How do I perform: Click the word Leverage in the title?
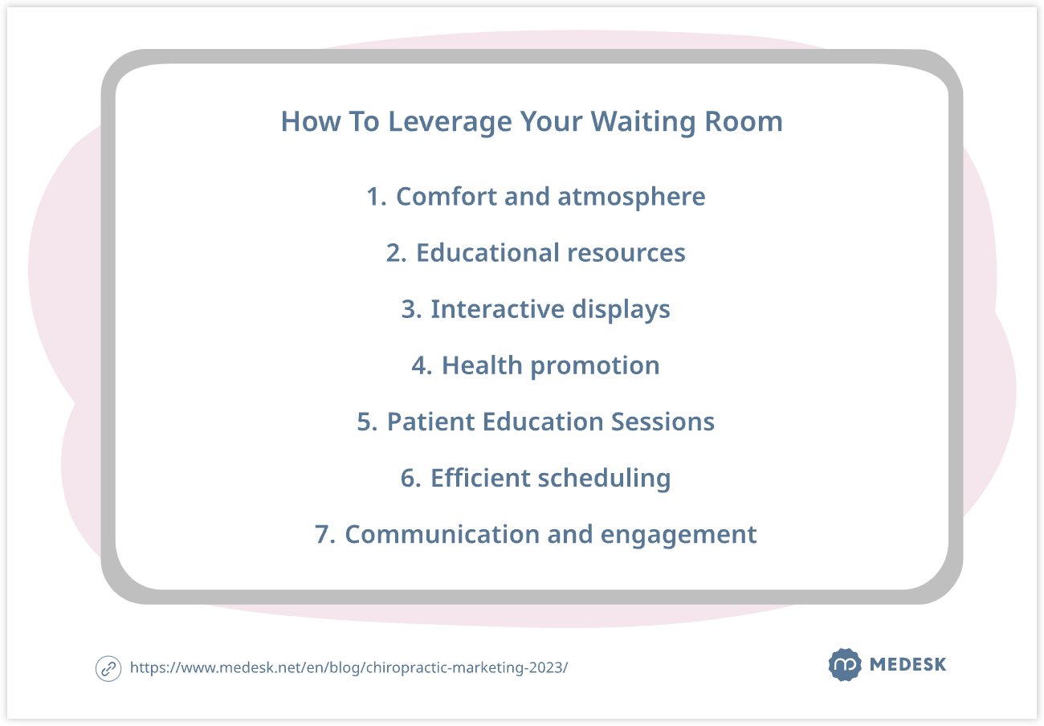(x=450, y=123)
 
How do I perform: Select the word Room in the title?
(x=744, y=121)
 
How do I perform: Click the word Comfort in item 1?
(x=446, y=196)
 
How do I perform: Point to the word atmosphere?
(x=631, y=198)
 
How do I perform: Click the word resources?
(x=626, y=254)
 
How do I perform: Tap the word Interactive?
(x=497, y=309)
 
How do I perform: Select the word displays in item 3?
(x=621, y=310)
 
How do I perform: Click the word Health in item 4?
(x=482, y=365)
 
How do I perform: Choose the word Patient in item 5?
(x=430, y=422)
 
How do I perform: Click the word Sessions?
(x=663, y=422)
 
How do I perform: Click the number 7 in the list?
(x=322, y=535)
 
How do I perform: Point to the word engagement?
(x=678, y=536)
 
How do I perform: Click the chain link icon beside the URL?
(x=108, y=669)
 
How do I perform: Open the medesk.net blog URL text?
(x=349, y=667)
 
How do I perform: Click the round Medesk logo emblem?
(x=845, y=664)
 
